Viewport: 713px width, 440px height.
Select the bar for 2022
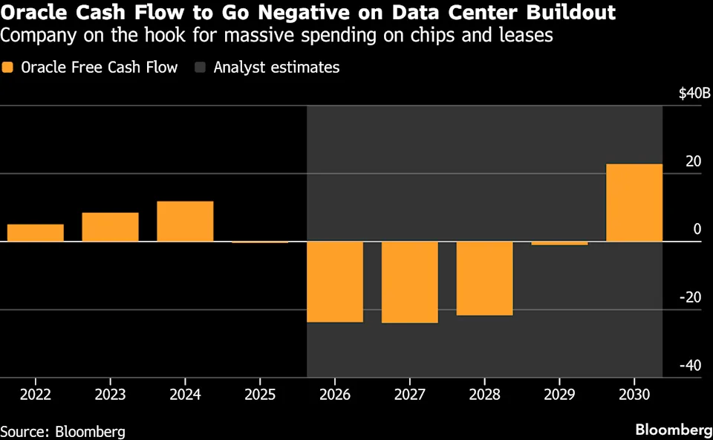[36, 233]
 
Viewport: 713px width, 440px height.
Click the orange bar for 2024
[185, 221]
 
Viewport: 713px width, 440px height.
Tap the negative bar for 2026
[335, 282]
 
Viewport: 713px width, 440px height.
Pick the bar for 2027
[410, 282]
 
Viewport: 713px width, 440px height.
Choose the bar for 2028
[484, 279]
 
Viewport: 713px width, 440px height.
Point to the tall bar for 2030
[634, 202]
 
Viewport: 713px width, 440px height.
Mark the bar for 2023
[110, 227]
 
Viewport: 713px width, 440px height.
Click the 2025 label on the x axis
[260, 393]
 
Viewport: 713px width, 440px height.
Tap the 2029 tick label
[559, 393]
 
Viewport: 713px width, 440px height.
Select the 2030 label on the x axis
[634, 393]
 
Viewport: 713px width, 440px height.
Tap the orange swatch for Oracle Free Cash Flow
[8, 68]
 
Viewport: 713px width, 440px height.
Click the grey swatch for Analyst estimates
[198, 68]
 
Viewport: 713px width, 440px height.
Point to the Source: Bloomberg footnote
[62, 431]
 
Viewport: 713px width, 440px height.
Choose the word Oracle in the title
[30, 13]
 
